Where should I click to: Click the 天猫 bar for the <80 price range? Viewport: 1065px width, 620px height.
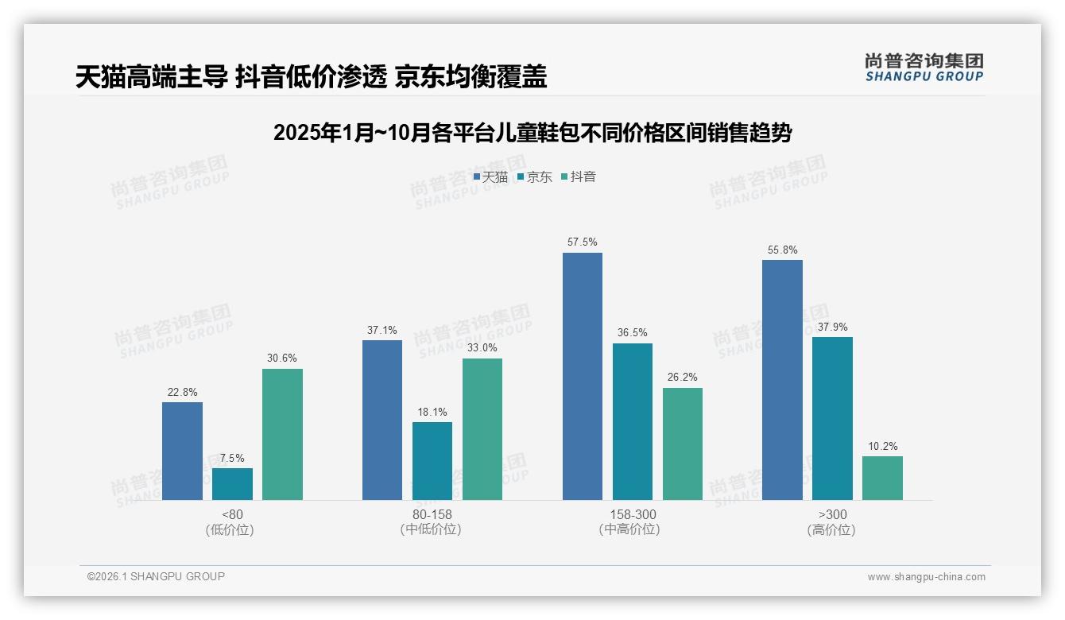(x=182, y=451)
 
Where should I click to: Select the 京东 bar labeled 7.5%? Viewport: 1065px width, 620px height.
(x=232, y=483)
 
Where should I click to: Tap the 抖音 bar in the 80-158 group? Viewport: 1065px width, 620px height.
(x=482, y=429)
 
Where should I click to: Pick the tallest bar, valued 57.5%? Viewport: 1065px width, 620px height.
(x=583, y=376)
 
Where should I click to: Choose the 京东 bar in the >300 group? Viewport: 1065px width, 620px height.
(x=832, y=418)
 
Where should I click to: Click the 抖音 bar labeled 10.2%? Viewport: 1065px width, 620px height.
(x=882, y=478)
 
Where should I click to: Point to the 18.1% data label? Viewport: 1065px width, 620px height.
(x=432, y=412)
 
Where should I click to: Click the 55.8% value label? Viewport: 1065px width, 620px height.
(x=782, y=250)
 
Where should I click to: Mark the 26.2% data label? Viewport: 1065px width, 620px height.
(x=683, y=378)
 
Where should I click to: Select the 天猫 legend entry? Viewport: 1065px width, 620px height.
(x=490, y=176)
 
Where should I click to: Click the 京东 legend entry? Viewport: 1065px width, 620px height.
(x=535, y=176)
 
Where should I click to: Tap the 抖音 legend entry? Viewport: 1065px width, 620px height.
(x=579, y=176)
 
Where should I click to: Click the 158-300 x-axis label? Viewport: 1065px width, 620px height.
(x=632, y=514)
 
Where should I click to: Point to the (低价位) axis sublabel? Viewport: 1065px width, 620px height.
(x=230, y=529)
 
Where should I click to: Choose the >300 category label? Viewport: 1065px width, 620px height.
(x=832, y=514)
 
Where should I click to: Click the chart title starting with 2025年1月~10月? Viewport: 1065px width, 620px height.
(x=532, y=133)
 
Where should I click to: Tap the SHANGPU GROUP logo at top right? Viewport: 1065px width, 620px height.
(x=924, y=67)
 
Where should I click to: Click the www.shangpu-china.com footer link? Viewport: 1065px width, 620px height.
(x=926, y=577)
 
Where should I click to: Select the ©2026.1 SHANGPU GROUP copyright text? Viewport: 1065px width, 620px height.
(x=156, y=576)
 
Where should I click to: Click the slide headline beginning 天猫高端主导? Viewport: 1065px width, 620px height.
(x=311, y=76)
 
